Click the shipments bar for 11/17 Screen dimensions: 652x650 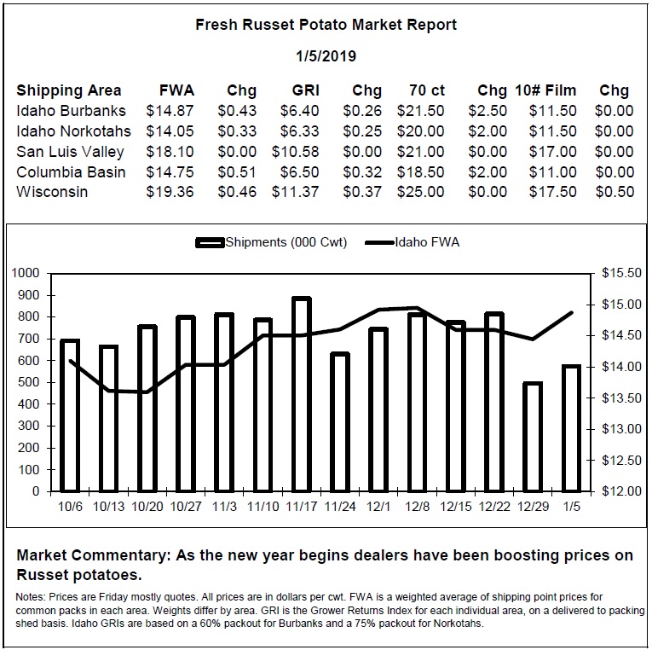[302, 394]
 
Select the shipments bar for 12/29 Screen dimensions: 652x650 [533, 437]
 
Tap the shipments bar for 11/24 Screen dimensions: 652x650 [340, 422]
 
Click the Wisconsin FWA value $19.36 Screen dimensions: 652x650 [170, 192]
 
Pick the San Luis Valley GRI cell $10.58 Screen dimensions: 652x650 [295, 152]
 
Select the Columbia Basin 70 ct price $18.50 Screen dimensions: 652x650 [420, 171]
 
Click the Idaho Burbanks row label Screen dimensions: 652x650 [71, 111]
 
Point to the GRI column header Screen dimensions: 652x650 [306, 90]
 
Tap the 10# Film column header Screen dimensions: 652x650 [545, 90]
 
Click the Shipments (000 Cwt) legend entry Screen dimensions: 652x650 [271, 242]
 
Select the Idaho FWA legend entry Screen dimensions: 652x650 [412, 242]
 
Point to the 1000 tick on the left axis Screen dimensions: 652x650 [25, 274]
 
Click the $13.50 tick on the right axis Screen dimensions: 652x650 [621, 398]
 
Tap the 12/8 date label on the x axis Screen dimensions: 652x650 [417, 507]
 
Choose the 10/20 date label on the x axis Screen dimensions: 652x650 [147, 507]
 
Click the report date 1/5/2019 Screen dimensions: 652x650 [326, 56]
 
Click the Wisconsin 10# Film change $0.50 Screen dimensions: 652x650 [614, 192]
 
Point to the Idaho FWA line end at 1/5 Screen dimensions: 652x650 [572, 312]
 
